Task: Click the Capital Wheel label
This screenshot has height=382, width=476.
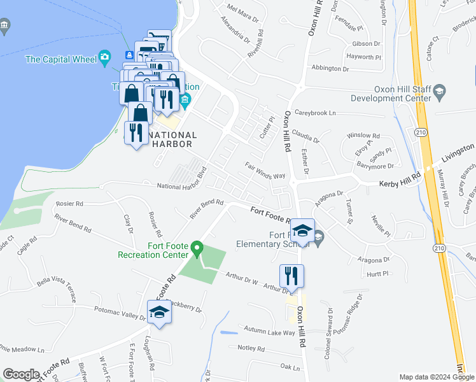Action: coord(60,60)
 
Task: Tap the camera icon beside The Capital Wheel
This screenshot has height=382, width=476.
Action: coord(105,59)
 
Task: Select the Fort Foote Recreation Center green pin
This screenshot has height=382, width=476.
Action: coord(197,247)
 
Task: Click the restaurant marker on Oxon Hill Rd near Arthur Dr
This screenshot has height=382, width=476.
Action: coord(291,276)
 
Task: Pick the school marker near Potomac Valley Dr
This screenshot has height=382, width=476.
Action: coord(159,312)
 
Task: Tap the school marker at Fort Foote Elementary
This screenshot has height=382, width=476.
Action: coord(304,230)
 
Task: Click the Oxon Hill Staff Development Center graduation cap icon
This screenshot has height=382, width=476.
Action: coord(439,94)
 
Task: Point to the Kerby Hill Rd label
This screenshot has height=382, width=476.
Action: coord(401,183)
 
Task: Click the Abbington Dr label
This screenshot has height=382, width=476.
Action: coord(330,68)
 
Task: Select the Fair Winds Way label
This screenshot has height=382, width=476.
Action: coord(265,170)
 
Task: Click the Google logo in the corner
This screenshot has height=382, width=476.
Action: coord(21,374)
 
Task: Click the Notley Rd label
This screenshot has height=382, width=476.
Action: coord(250,348)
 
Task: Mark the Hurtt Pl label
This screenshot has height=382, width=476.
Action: coord(377,274)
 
